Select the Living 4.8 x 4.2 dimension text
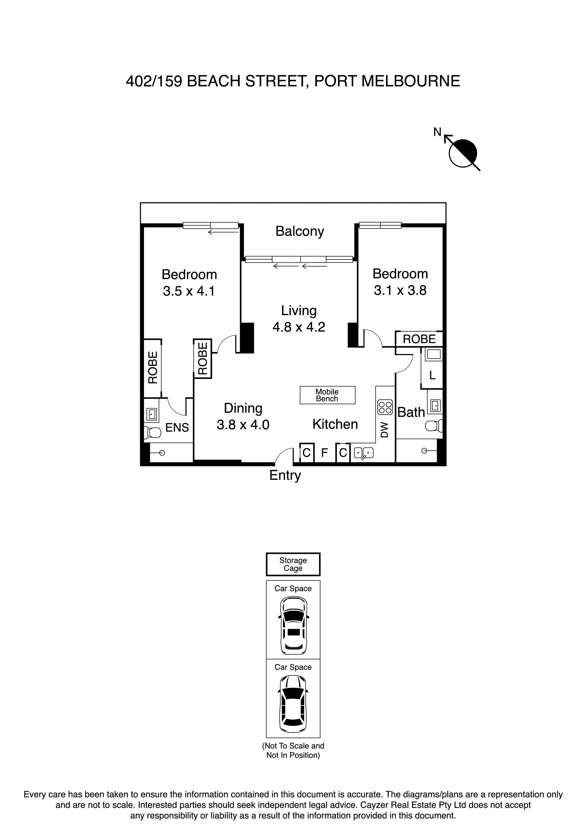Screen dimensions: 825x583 299,327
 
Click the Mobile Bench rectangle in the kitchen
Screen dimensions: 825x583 327,395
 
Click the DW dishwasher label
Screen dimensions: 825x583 384,430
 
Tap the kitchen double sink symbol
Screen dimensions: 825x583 363,453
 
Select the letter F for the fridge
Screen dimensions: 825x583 324,453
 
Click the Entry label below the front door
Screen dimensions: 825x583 285,475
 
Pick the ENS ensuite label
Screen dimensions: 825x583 177,427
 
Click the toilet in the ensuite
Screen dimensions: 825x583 153,433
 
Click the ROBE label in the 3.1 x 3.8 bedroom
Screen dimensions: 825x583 419,339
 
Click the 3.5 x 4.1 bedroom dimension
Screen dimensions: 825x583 189,291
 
